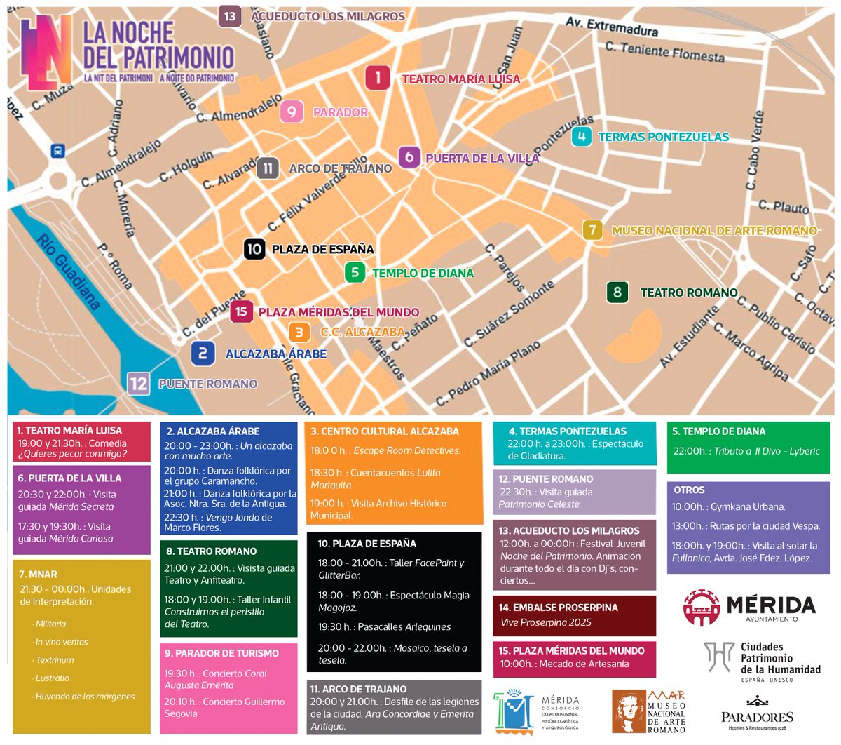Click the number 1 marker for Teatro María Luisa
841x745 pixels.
point(378,77)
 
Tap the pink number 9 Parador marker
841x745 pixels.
point(292,112)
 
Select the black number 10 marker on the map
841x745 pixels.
point(254,248)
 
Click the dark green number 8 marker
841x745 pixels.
point(617,292)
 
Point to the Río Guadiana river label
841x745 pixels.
point(69,271)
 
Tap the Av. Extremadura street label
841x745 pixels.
point(611,27)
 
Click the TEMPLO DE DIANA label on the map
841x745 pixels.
point(423,273)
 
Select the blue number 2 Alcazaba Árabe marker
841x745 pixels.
point(203,354)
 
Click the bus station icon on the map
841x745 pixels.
point(57,151)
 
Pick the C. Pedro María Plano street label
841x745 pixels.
point(488,373)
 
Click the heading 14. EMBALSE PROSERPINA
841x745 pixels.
point(558,607)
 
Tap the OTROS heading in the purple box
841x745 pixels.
point(689,490)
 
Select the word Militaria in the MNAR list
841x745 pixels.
point(51,624)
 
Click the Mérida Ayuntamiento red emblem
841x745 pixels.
point(702,607)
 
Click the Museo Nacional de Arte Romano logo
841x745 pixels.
point(648,711)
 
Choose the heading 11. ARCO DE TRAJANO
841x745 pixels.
point(358,689)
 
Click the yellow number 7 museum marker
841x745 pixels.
point(593,230)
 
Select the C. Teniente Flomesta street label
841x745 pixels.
point(664,51)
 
